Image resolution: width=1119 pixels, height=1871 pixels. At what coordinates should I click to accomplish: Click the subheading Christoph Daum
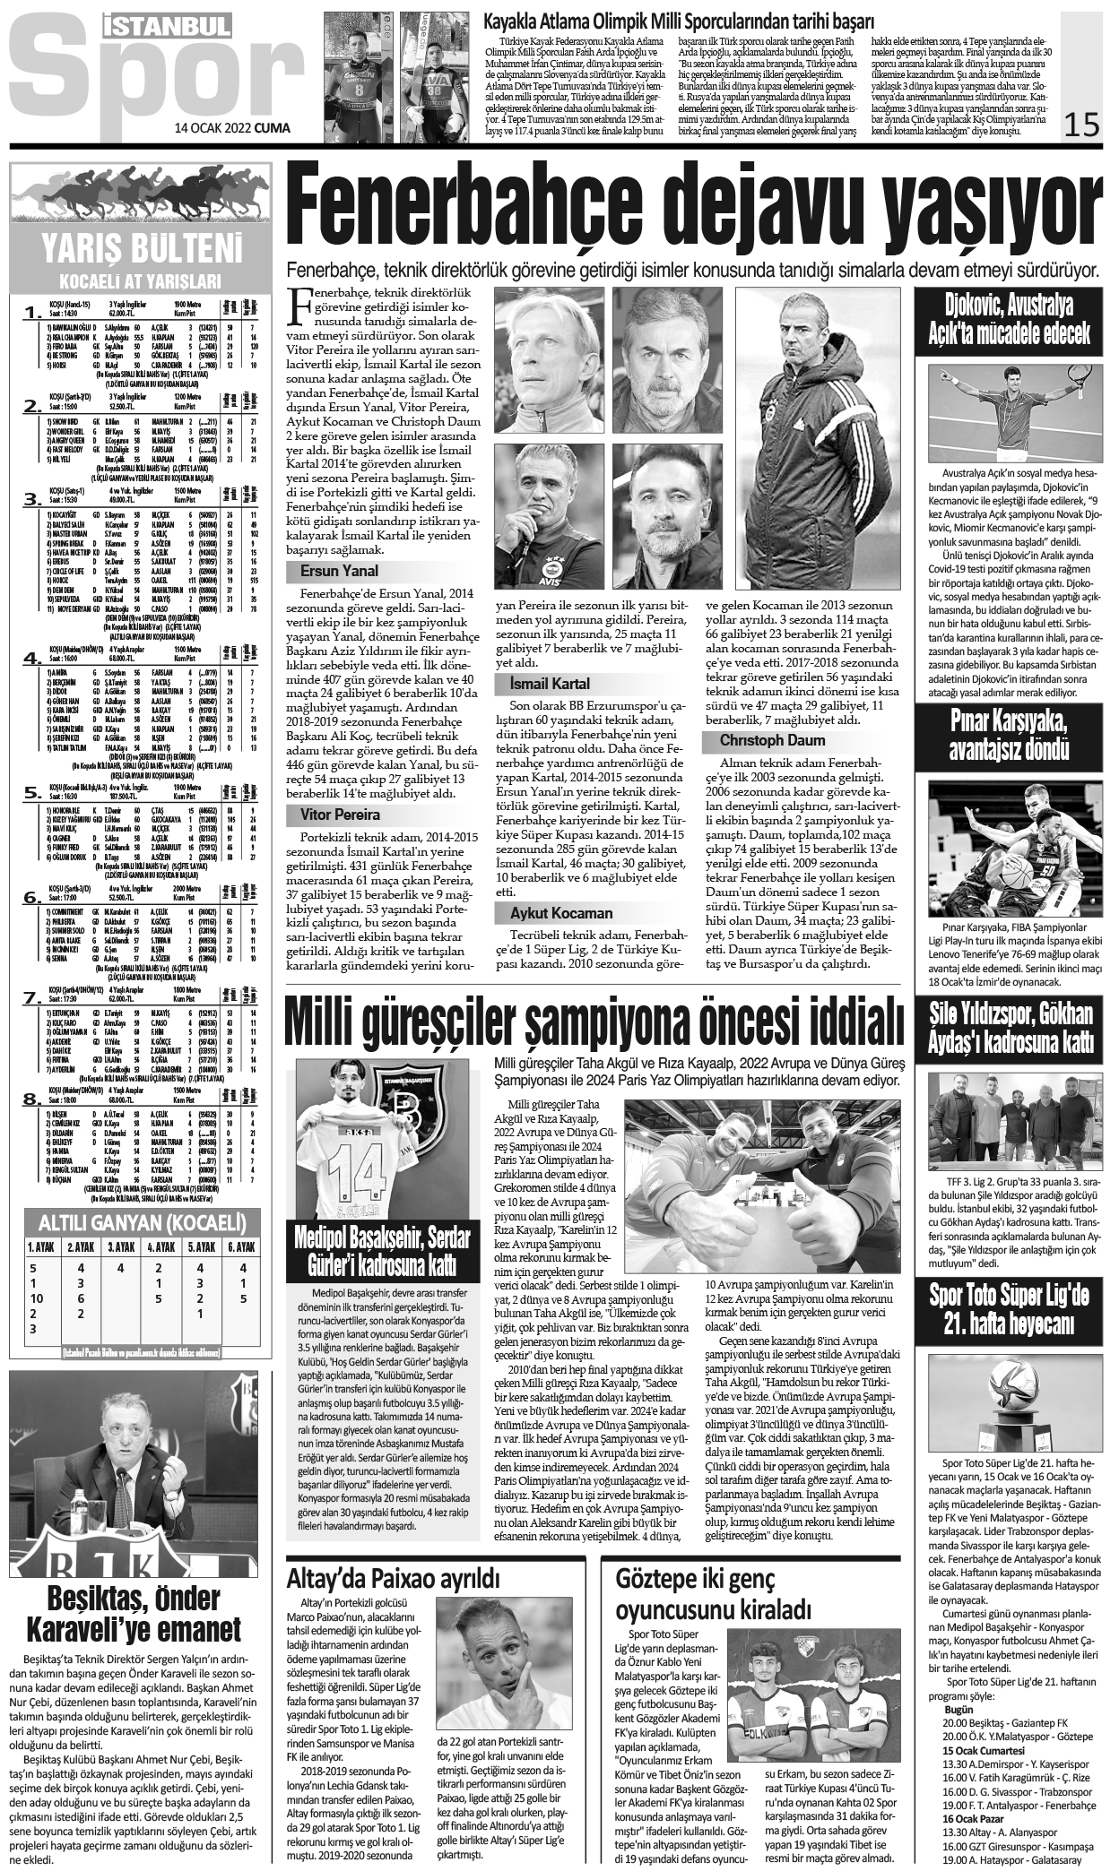click(x=760, y=741)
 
